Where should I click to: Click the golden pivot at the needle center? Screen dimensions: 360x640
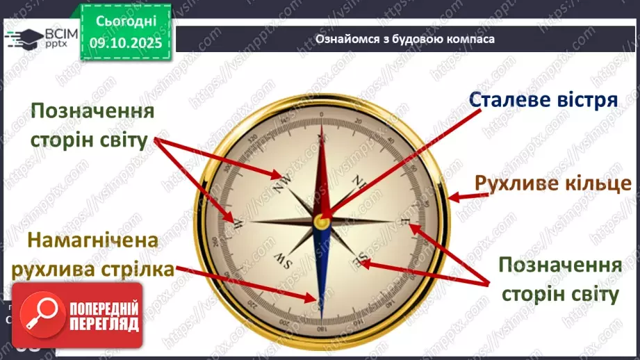click(x=321, y=221)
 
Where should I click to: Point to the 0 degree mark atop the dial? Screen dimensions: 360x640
click(x=322, y=120)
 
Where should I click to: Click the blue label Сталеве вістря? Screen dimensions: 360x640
click(x=543, y=99)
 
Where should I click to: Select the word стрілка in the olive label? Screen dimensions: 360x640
click(x=136, y=269)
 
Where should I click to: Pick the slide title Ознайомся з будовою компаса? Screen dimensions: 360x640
click(x=404, y=40)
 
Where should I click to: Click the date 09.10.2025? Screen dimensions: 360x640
click(x=125, y=42)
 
